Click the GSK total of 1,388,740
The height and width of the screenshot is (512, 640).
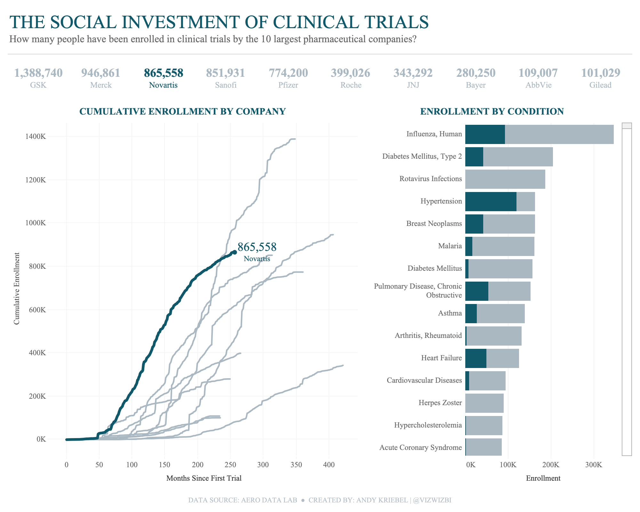coord(38,73)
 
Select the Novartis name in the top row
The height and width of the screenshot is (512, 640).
coord(163,85)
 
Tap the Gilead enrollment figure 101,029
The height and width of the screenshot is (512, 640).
coord(600,73)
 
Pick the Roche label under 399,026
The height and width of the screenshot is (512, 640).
coord(351,85)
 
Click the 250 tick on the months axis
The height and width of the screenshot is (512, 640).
coord(230,464)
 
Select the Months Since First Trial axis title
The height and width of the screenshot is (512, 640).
coord(204,478)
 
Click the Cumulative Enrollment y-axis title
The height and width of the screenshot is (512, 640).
coord(17,288)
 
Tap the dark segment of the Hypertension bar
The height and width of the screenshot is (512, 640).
coord(491,201)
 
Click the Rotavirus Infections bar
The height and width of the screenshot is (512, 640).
coord(505,179)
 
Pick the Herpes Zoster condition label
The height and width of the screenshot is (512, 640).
coord(440,403)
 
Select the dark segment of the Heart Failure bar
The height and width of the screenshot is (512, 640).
coord(476,358)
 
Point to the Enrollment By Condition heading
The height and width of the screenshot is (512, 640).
coord(492,111)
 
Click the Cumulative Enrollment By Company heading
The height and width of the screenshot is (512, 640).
coord(182,111)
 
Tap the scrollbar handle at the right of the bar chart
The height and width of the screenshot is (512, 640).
coord(627,126)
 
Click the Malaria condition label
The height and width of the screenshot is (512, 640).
coord(450,246)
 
